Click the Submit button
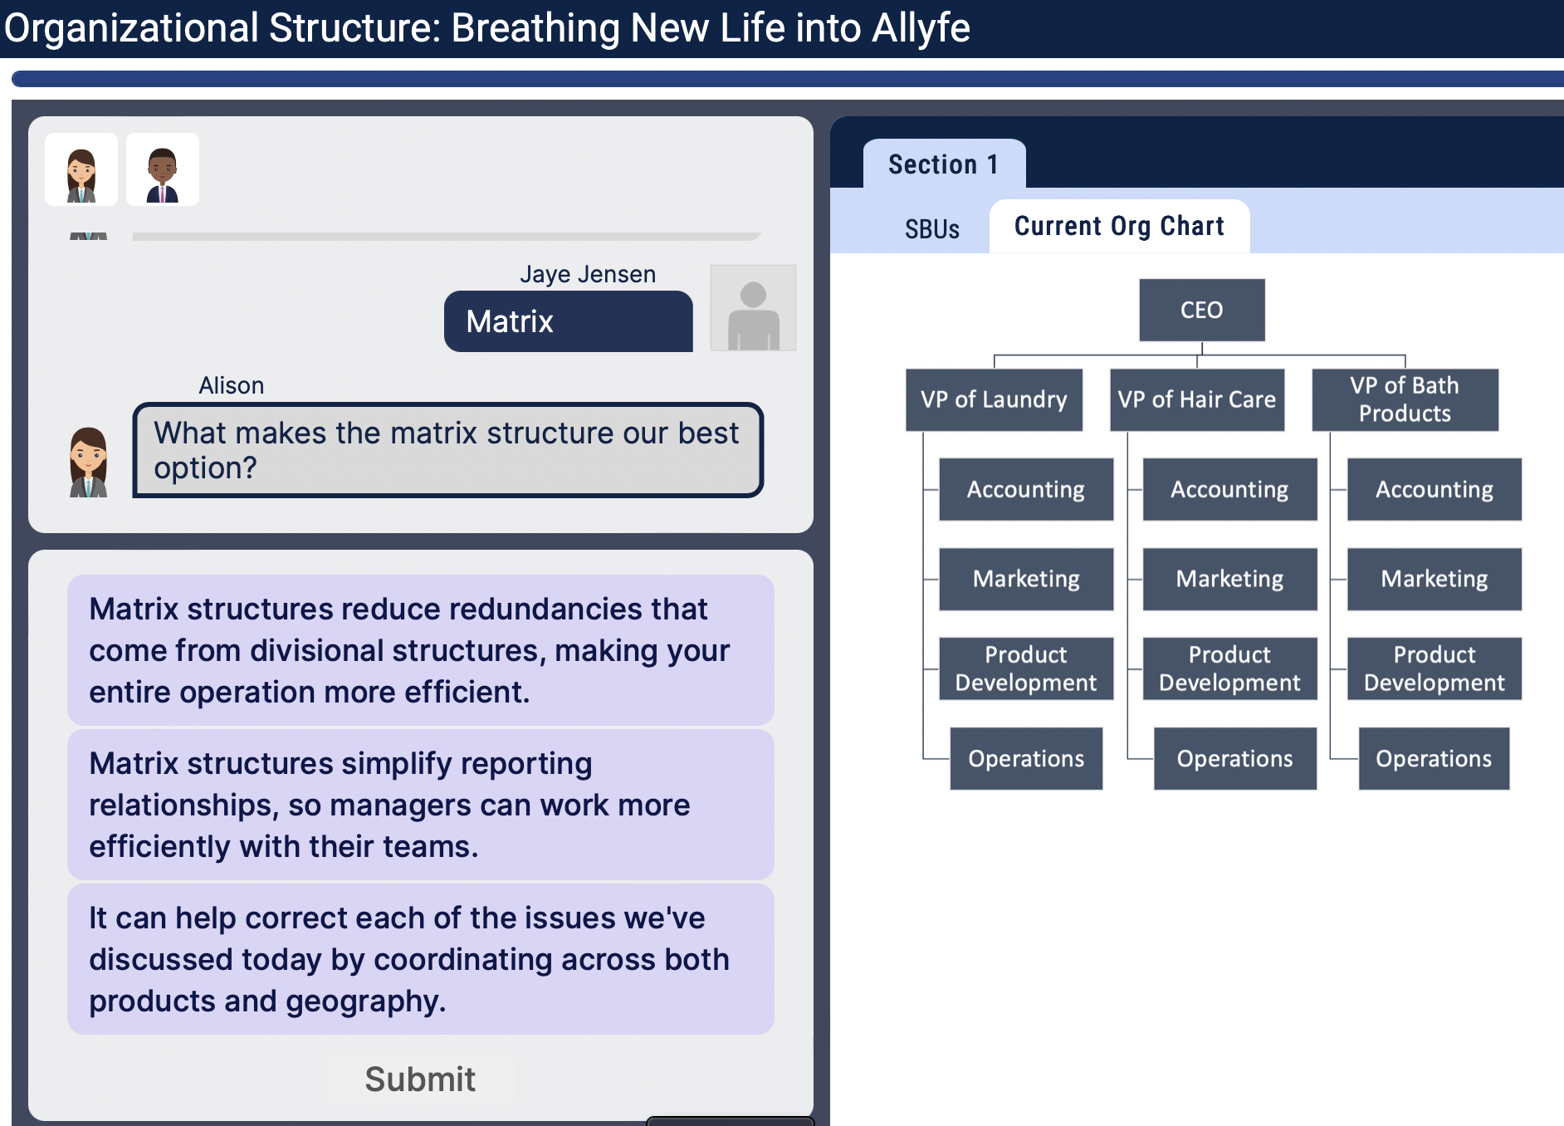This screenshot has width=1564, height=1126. point(420,1079)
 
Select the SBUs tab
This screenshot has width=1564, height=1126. point(931,228)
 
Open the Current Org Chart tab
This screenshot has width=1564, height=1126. point(1119,226)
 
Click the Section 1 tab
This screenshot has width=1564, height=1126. point(944,164)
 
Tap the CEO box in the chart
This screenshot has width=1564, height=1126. point(1201,310)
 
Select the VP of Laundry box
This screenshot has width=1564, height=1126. point(994,399)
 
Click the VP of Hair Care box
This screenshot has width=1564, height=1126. point(1196,399)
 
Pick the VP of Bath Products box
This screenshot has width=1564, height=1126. point(1405,399)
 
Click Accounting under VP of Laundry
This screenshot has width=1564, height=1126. point(1025,489)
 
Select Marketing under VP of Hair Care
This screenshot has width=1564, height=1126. point(1229,579)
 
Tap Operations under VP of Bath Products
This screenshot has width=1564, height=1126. point(1434,758)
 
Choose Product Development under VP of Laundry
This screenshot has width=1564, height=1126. point(1025,668)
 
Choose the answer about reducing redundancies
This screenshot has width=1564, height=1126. point(420,650)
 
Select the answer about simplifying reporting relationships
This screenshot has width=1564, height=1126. point(420,805)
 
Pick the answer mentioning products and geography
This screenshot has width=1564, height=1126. point(420,959)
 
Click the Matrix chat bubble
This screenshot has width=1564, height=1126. point(568,321)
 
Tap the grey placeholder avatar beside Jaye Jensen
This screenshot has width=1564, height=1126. point(753,308)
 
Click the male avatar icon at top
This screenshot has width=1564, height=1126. point(163,169)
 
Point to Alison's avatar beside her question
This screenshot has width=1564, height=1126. point(88,463)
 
